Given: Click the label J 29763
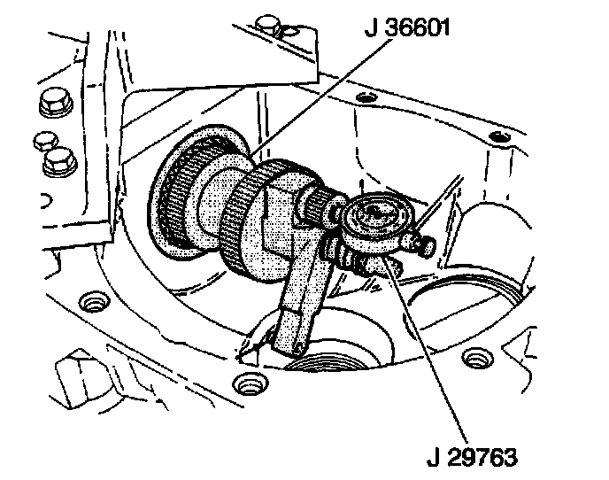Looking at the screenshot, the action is click(x=469, y=457).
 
